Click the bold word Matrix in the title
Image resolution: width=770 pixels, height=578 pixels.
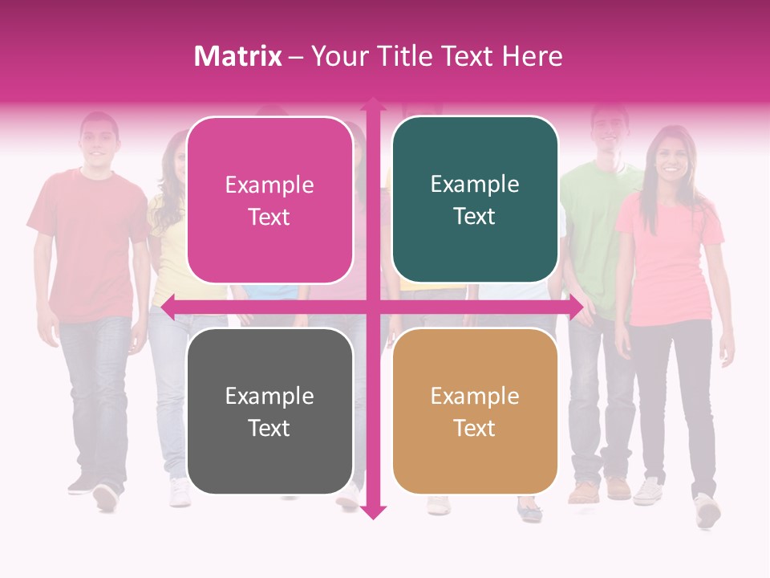237,56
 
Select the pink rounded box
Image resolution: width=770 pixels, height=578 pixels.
269,200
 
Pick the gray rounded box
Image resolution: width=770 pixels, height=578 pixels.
269,411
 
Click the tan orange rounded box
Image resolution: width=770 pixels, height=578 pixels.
475,411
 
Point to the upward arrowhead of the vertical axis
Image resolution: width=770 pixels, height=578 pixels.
373,105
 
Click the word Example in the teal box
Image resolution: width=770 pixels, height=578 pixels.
475,184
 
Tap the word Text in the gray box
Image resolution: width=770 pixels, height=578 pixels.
269,428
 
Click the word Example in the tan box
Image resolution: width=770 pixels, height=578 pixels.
475,396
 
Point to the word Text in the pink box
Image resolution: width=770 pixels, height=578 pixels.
269,217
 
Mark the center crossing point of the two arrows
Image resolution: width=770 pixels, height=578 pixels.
373,307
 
